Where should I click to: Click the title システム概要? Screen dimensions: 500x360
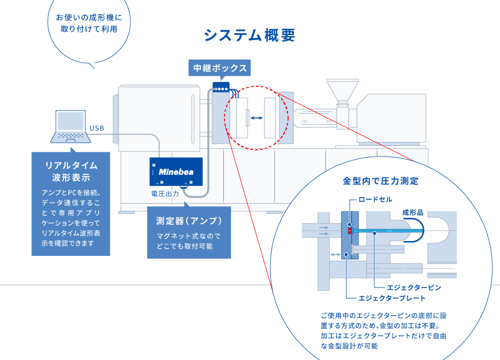250,35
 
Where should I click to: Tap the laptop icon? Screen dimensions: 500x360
71,127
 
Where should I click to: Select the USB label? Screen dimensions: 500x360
97,128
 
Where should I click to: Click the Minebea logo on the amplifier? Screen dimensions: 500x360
176,172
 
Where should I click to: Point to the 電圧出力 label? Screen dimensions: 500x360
165,194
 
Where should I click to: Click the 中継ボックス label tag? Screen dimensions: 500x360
220,68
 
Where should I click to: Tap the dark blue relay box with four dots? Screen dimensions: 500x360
221,87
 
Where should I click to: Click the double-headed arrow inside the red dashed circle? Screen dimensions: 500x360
256,118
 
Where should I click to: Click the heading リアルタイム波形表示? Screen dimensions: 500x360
71,172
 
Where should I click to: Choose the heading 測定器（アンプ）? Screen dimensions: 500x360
189,221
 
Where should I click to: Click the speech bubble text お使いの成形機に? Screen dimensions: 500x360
89,17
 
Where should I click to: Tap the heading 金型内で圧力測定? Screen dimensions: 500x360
381,181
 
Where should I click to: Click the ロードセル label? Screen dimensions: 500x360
375,200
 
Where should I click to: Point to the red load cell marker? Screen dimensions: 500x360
350,230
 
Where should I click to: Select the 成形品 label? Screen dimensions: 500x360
413,213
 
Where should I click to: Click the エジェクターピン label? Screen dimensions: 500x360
414,288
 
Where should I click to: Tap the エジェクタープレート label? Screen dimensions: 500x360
392,298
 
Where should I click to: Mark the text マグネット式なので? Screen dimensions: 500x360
188,236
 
